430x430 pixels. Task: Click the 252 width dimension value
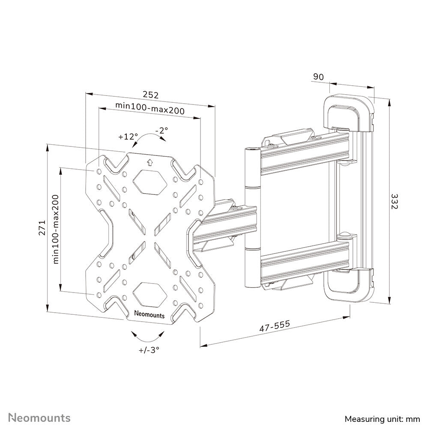click(150, 95)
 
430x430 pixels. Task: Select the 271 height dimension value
click(42, 230)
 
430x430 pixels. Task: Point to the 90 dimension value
click(318, 77)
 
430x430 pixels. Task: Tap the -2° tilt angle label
click(161, 130)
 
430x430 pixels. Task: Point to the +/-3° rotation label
click(149, 350)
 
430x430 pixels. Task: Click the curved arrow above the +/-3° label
click(148, 335)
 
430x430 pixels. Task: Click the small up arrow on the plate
click(149, 162)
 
